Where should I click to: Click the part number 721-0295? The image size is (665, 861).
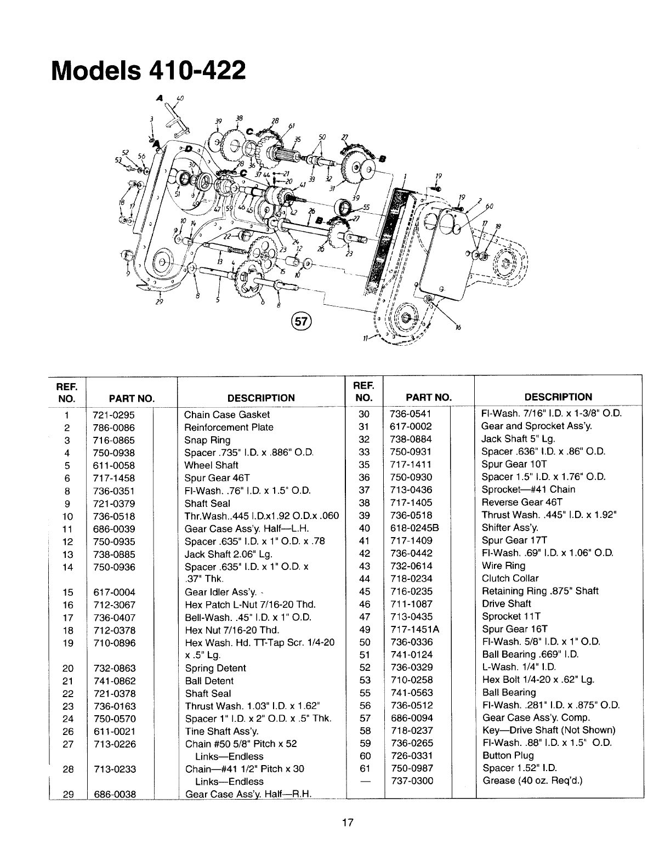tap(113, 415)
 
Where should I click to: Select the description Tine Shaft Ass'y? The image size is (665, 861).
tap(221, 732)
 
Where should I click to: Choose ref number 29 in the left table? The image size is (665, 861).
tap(68, 794)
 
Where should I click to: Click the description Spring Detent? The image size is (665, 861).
tap(215, 668)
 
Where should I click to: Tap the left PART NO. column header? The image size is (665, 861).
tap(132, 398)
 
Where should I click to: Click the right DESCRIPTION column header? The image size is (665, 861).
tap(558, 397)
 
